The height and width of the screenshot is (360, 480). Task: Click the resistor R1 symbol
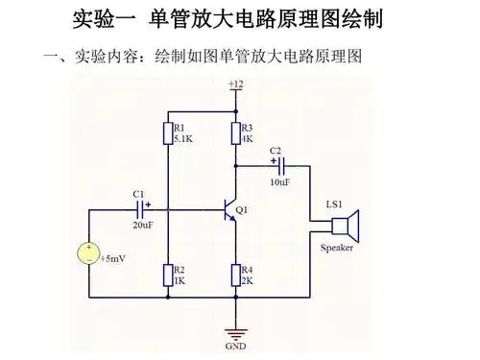[168, 132]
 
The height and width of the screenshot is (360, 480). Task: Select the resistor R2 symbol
[168, 276]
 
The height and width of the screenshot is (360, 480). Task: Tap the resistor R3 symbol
[235, 132]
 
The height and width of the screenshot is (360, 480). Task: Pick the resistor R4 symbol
[235, 276]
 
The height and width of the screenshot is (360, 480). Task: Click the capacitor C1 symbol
[142, 208]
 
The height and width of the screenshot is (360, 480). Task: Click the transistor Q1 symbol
[230, 209]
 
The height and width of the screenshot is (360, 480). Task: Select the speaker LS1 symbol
[345, 228]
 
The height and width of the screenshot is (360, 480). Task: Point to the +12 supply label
[235, 85]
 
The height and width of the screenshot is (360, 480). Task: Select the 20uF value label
[142, 226]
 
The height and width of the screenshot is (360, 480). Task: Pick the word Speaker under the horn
[336, 248]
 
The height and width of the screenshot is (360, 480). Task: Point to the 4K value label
[247, 139]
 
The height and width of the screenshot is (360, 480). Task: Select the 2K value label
[247, 281]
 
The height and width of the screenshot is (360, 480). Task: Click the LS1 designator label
[335, 204]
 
